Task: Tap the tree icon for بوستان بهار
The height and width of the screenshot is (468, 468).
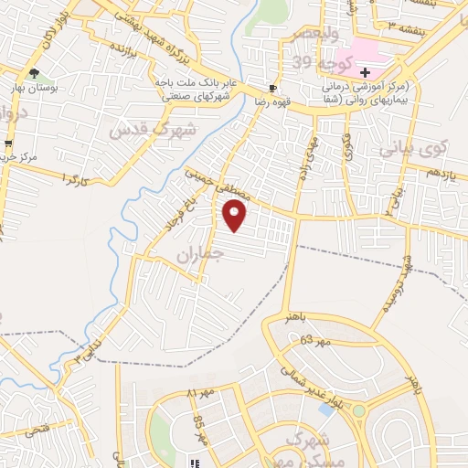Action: (35, 73)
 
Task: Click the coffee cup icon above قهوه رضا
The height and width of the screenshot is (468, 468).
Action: (272, 88)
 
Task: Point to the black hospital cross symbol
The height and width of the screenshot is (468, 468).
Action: (365, 71)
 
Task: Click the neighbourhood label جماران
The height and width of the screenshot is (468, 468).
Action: (200, 252)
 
